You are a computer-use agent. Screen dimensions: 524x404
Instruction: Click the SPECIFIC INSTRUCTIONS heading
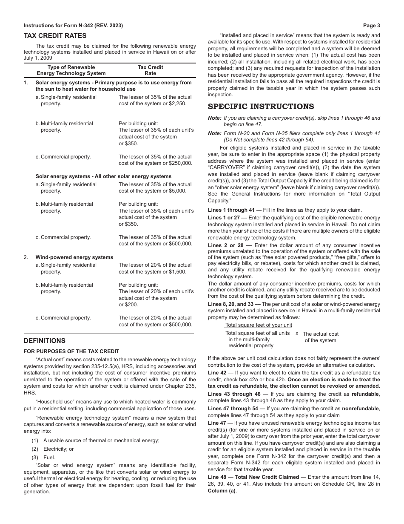[x=261, y=107]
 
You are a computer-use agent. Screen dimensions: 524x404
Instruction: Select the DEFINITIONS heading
[x=44, y=341]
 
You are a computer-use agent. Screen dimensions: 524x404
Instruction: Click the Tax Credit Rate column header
[x=150, y=70]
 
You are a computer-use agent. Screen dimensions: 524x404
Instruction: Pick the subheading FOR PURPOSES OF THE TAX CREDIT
[x=71, y=351]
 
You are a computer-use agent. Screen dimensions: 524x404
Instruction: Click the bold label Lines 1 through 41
[x=231, y=210]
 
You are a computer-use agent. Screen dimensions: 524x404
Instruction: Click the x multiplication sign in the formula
[x=297, y=334]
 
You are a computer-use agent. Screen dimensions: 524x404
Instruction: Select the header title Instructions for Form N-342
[x=73, y=26]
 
